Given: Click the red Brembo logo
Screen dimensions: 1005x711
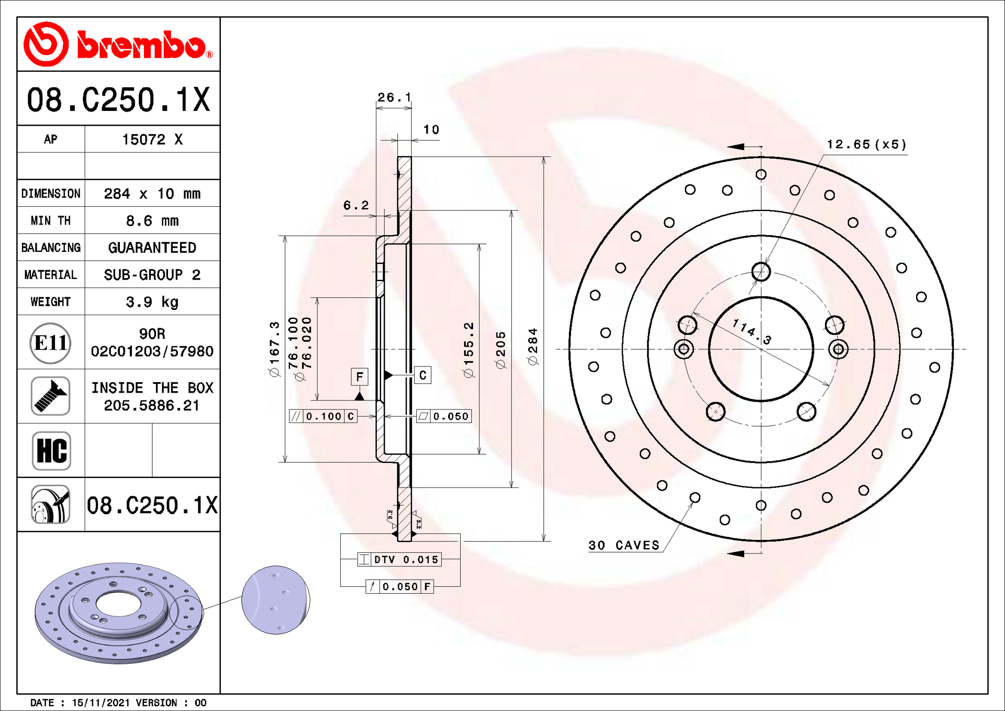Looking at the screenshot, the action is pos(118,45).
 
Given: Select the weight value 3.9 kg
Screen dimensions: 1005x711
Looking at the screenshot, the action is pos(152,302).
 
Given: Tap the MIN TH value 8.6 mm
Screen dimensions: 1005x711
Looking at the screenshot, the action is pos(152,221).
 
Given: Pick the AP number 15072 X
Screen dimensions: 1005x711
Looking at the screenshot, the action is pos(152,139).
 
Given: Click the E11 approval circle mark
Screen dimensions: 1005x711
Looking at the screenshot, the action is pos(50,343).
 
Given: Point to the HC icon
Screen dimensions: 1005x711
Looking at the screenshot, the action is pos(51,451).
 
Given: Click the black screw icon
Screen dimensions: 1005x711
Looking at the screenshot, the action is pos(50,396).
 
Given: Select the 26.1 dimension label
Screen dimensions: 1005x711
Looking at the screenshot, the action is pos(394,97).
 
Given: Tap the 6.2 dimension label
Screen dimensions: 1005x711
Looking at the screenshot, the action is pos(356,205).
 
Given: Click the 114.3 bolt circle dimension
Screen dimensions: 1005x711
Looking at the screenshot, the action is pos(752,332).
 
